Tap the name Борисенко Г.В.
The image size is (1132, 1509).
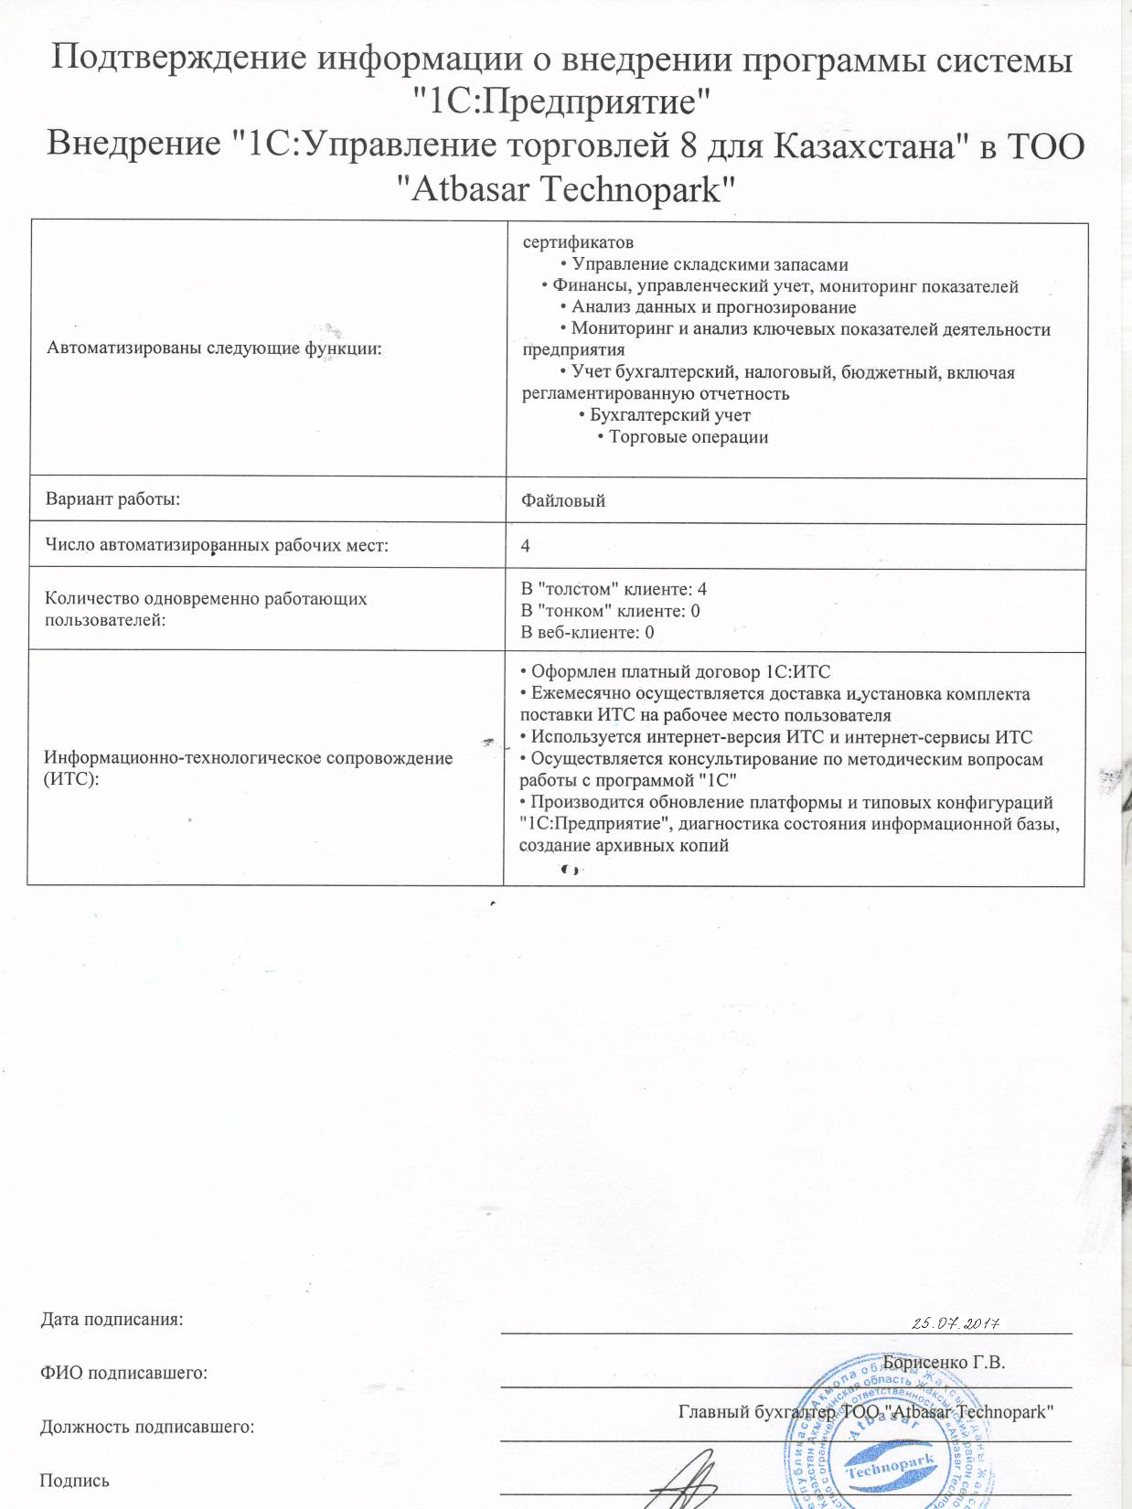tap(944, 1362)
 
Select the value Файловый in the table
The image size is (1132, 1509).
tap(563, 500)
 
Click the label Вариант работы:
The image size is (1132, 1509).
tap(112, 498)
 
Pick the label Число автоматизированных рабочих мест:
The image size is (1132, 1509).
tap(217, 545)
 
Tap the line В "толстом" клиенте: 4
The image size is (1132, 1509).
tap(614, 589)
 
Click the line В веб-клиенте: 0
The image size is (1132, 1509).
tap(587, 632)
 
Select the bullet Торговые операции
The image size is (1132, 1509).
tap(688, 437)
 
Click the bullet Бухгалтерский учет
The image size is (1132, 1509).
tap(669, 415)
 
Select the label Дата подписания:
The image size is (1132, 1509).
tap(112, 1319)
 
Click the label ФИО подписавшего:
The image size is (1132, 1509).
tap(123, 1373)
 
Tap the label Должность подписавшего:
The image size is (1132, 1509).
tap(147, 1427)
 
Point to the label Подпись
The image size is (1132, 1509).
tap(75, 1481)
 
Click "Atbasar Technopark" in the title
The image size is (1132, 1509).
tap(567, 189)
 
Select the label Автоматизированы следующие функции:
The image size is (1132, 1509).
tap(214, 348)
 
